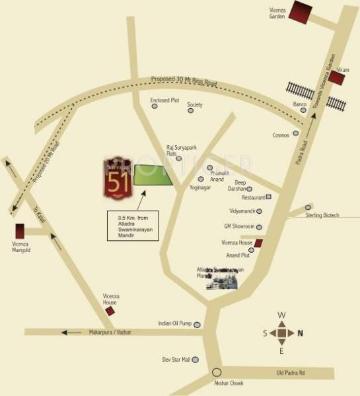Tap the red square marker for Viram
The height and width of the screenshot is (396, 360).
pos(337,78)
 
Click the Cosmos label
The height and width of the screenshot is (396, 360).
pos(281,135)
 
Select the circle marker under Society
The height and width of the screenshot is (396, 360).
pos(192,110)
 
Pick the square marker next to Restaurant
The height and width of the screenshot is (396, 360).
pos(269,197)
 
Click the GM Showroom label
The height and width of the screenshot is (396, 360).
pos(239,226)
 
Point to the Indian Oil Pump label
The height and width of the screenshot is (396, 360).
pos(174,323)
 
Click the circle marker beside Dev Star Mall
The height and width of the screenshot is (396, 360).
pos(196,359)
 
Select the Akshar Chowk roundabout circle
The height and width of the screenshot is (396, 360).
pos(217,372)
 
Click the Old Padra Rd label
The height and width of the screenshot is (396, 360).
pos(290,373)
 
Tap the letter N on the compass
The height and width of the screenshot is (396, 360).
pos(301,333)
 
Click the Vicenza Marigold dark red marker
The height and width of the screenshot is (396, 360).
pos(20,232)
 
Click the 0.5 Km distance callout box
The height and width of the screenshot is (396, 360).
pos(133,225)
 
